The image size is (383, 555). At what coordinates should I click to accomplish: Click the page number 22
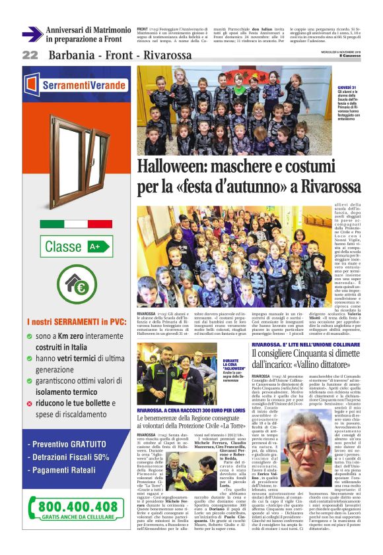click(x=30, y=55)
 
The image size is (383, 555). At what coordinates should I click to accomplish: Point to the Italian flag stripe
click(x=76, y=224)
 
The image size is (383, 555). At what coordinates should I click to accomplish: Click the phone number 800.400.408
click(x=78, y=507)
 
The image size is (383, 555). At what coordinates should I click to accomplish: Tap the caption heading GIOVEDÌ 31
click(x=346, y=87)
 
